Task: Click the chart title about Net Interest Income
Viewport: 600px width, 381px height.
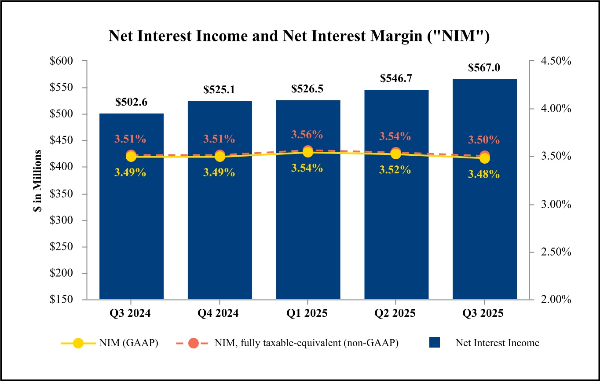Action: (299, 37)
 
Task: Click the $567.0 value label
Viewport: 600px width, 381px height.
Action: (484, 68)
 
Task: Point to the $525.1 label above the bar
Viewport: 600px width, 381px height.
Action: (219, 90)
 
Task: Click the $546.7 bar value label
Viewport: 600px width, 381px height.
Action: (395, 79)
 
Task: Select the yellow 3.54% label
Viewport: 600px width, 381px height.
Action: (307, 168)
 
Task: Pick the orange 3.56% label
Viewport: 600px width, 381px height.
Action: (307, 134)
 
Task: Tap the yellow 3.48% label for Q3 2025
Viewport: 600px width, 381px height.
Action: (483, 174)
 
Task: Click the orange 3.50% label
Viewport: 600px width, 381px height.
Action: (483, 140)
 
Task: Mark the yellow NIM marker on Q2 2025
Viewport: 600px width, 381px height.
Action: (396, 154)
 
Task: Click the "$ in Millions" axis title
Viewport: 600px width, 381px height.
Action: (38, 180)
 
